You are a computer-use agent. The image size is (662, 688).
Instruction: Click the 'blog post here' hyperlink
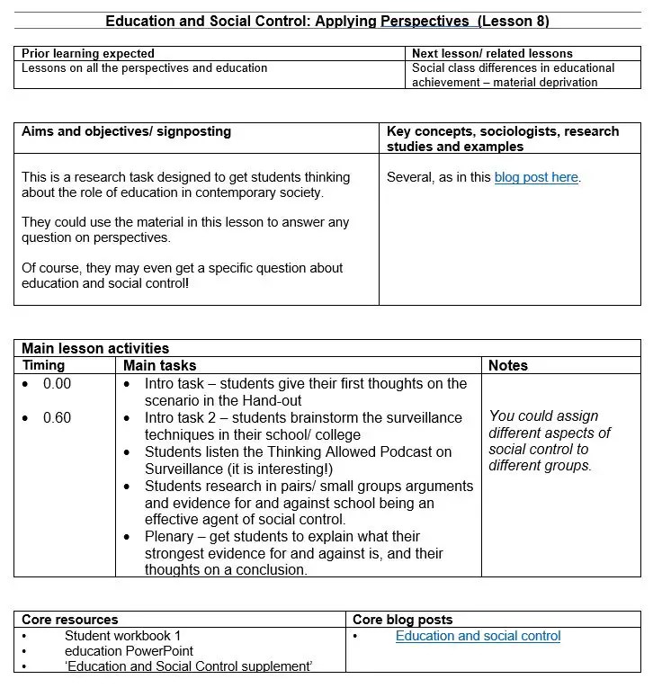(x=535, y=177)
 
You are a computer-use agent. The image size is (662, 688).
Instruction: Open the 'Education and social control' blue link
(x=478, y=636)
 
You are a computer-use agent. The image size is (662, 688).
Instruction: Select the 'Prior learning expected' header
(x=88, y=54)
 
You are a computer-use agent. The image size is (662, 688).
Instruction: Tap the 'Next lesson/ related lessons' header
(x=492, y=54)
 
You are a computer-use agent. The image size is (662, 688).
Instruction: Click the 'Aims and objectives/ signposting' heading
(x=126, y=131)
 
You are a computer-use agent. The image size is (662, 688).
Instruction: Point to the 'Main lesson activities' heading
(x=95, y=348)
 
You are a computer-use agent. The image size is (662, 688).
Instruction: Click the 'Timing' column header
(x=43, y=365)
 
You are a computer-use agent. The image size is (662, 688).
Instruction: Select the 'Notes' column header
(x=508, y=365)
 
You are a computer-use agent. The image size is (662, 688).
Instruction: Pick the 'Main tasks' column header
(x=159, y=365)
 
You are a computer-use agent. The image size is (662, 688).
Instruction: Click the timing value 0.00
(x=57, y=384)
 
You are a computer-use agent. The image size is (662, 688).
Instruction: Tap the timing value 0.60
(x=57, y=418)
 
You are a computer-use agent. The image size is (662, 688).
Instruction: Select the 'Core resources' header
(x=69, y=620)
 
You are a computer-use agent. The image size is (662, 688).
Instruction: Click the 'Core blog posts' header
(x=402, y=620)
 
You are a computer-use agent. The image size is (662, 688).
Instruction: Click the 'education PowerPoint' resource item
(x=129, y=650)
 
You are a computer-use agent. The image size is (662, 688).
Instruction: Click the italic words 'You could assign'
(x=543, y=415)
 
